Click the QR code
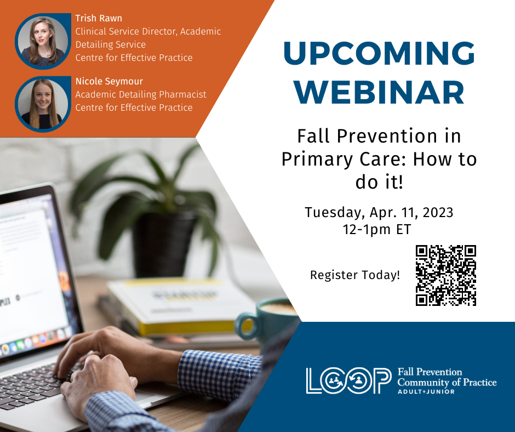(x=446, y=275)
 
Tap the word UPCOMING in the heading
(x=379, y=53)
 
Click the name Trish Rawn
(x=99, y=18)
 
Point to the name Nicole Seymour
(x=109, y=81)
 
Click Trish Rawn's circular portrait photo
(x=43, y=41)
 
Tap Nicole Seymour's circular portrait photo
(x=43, y=104)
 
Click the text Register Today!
(x=354, y=275)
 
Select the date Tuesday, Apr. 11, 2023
(x=379, y=212)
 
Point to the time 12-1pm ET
(x=377, y=230)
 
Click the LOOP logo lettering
(x=348, y=380)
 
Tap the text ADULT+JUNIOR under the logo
(x=426, y=391)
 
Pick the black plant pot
(x=164, y=245)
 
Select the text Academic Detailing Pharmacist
(x=141, y=94)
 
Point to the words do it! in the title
(x=379, y=182)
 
